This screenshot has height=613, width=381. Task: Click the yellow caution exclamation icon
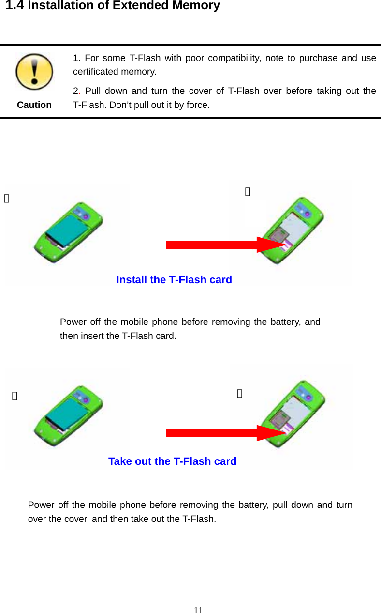pyautogui.click(x=34, y=72)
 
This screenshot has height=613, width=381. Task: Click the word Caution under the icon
pyautogui.click(x=34, y=105)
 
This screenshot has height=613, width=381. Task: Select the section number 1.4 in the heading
pyautogui.click(x=15, y=6)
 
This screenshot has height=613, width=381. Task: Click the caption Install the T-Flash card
pyautogui.click(x=174, y=280)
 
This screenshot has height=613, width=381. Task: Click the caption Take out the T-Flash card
pyautogui.click(x=172, y=461)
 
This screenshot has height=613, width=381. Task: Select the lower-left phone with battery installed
pyautogui.click(x=68, y=415)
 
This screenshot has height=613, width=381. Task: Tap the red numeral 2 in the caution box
pyautogui.click(x=76, y=91)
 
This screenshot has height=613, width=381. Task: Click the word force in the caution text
pyautogui.click(x=198, y=105)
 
